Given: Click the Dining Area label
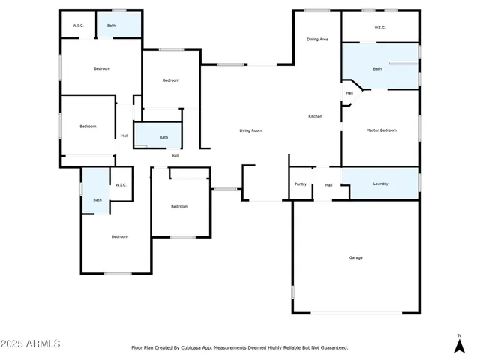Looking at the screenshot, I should coord(317,39).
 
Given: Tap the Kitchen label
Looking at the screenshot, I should coord(316,116).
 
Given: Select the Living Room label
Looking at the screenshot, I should coord(250,130).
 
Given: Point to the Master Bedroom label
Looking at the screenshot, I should coord(381,130).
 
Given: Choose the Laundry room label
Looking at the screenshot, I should coord(381,184).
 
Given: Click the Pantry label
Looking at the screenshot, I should coord(301,184).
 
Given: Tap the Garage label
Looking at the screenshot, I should coord(355,257).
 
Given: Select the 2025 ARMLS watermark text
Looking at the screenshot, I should coord(31,343).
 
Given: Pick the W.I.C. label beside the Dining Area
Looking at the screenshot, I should coord(379,28).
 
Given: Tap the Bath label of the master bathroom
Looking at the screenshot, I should coord(377,69).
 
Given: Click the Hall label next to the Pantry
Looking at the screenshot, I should coord(328,184).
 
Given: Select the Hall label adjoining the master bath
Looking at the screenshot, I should coord(349,93).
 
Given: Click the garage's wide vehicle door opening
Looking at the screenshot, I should coord(356,313).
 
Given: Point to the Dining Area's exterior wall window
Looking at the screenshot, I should coord(317,10).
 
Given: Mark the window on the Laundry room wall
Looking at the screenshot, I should coord(419,182).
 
